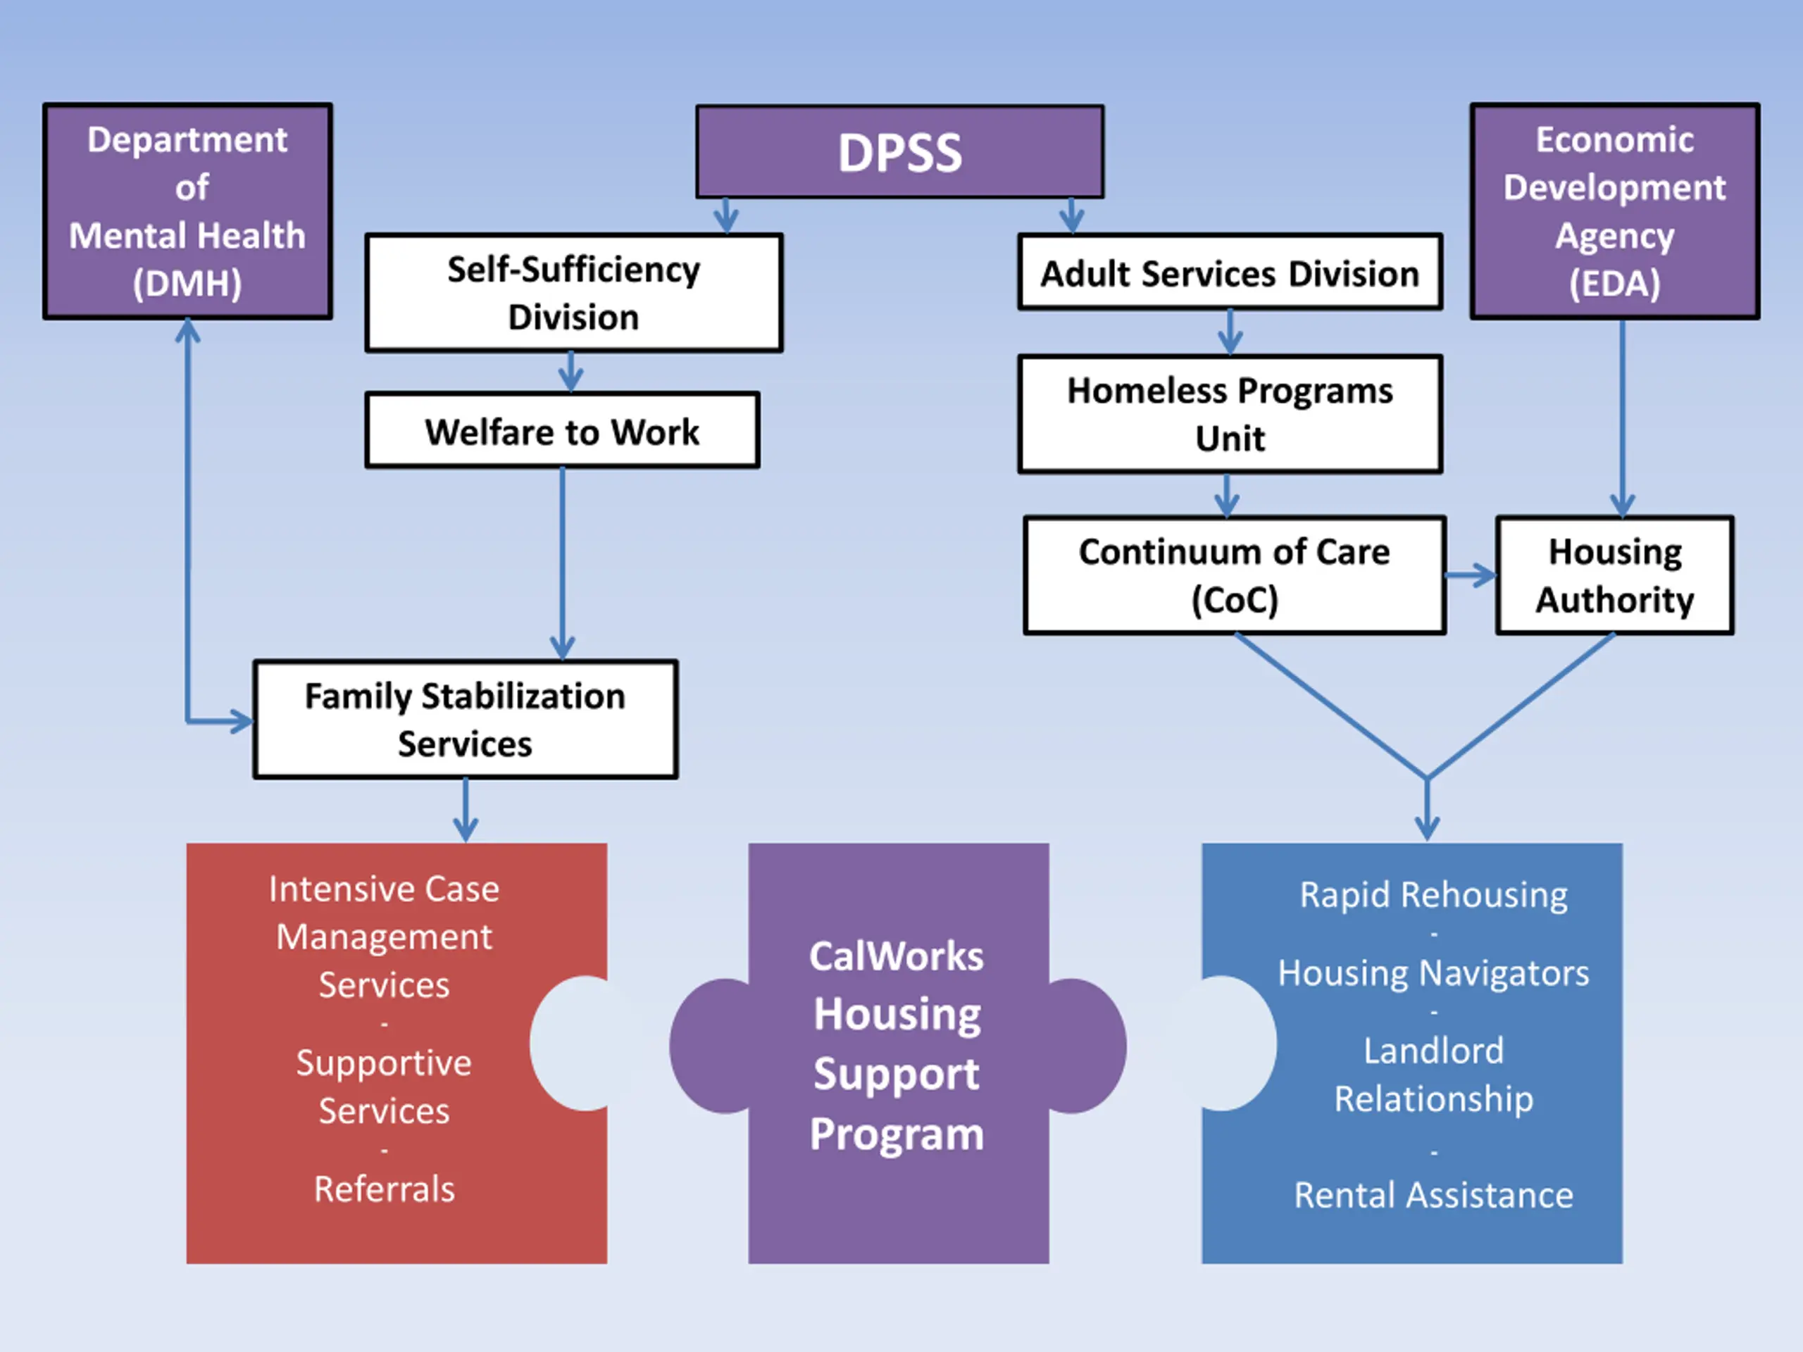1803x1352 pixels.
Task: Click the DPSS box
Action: (x=900, y=151)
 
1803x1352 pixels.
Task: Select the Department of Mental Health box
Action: (x=187, y=211)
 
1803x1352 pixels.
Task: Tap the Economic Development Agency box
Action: (x=1615, y=211)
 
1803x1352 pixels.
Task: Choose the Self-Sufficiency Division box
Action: (x=574, y=292)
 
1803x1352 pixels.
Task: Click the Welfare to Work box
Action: (x=563, y=430)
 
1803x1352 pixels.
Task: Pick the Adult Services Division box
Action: (x=1230, y=273)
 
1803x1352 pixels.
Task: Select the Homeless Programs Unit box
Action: (x=1230, y=414)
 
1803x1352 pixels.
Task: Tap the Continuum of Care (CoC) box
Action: (x=1235, y=575)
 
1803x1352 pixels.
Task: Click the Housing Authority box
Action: (x=1615, y=575)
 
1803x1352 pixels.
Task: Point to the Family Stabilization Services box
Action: (x=466, y=720)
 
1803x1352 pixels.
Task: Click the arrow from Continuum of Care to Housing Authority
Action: (x=1471, y=576)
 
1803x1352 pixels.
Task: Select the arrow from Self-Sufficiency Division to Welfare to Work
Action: (x=570, y=373)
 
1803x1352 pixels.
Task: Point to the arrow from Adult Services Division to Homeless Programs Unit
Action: (x=1230, y=332)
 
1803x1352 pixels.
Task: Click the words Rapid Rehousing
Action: (x=1434, y=895)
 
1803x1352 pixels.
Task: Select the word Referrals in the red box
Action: (x=385, y=1189)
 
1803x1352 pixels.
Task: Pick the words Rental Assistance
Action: (x=1434, y=1196)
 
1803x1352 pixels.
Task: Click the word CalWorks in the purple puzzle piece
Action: (x=897, y=956)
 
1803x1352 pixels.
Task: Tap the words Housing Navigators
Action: (x=1434, y=973)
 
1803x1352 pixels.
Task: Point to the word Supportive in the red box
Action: (x=384, y=1063)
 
